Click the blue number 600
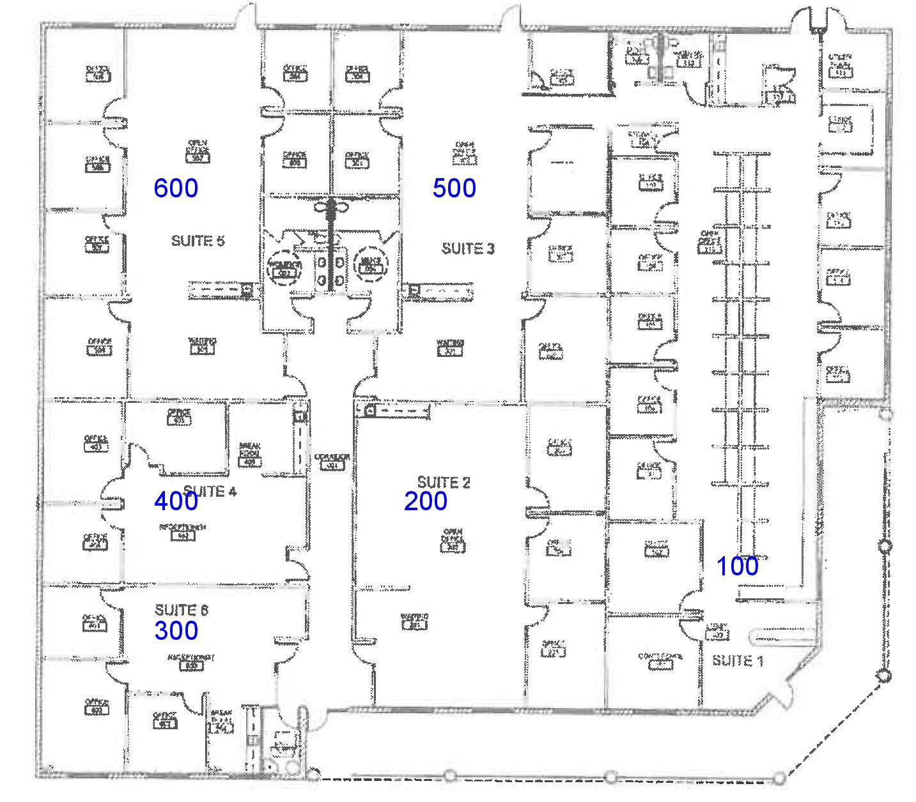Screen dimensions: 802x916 176,188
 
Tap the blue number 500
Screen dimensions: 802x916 454,188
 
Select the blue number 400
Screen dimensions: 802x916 176,501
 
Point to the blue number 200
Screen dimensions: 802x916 425,501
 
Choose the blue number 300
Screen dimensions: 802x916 176,630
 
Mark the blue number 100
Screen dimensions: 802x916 737,566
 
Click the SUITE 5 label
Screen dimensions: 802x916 198,241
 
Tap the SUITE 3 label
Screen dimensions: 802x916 468,248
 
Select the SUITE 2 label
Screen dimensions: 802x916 444,482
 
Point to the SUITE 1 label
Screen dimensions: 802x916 738,660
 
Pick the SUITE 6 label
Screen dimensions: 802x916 182,610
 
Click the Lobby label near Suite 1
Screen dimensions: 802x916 717,631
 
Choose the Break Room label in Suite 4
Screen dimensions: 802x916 249,453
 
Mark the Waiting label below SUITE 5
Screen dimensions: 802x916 203,345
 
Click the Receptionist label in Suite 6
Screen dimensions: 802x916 190,661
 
